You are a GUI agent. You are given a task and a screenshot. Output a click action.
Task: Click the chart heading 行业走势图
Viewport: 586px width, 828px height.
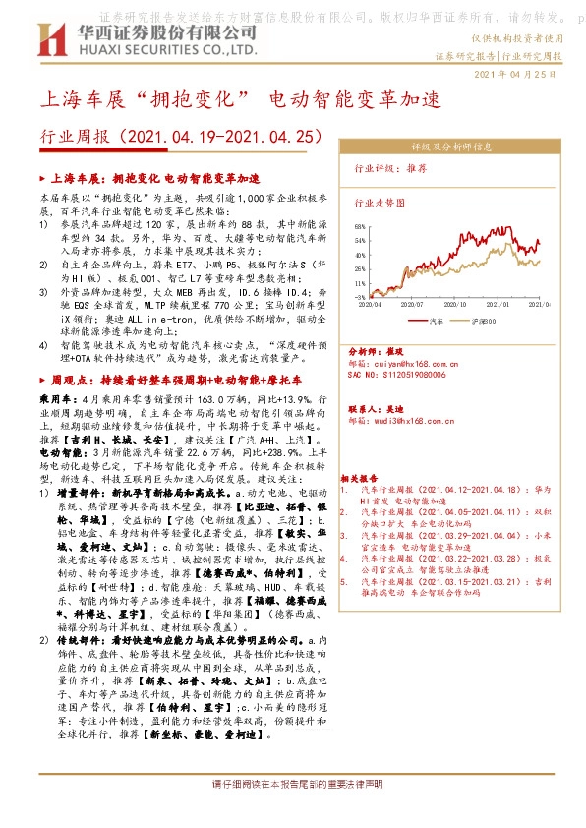pos(378,200)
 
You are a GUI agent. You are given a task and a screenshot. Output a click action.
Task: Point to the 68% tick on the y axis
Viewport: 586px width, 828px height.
pos(360,226)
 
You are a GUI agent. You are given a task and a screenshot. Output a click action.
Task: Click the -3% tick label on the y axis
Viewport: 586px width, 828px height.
pos(361,296)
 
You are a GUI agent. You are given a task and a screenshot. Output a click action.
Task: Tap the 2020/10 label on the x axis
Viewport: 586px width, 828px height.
pos(452,305)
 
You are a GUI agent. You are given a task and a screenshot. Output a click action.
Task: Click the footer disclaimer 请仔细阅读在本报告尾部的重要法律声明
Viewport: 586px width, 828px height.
pos(292,812)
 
